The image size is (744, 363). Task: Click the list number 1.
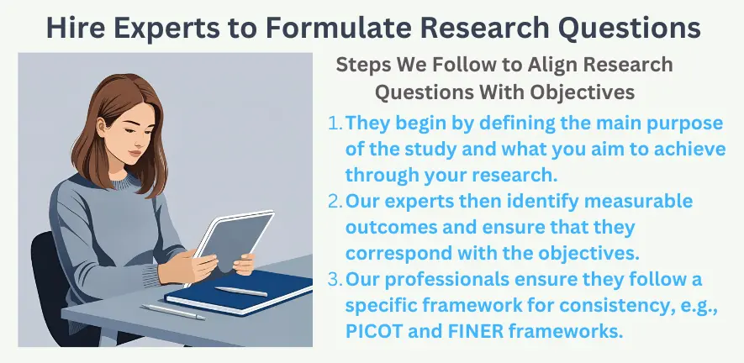[334, 123]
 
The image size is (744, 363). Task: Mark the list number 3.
[334, 279]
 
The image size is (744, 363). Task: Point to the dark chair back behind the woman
[42, 269]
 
